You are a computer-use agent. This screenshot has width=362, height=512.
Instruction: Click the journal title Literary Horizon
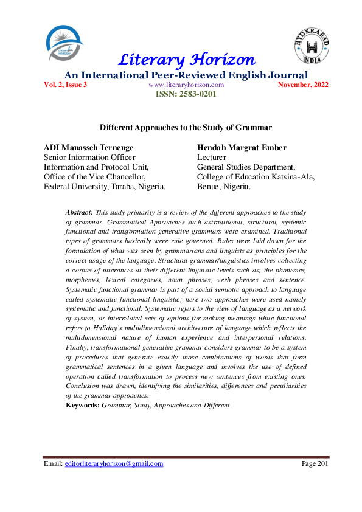point(186,60)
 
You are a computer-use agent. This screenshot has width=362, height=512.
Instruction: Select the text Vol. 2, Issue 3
point(66,85)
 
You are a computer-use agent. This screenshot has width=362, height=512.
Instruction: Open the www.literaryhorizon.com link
point(186,85)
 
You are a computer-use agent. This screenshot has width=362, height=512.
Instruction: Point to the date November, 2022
point(303,85)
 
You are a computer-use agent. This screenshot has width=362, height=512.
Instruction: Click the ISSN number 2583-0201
point(186,94)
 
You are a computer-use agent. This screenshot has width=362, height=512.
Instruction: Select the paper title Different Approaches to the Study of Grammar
point(186,128)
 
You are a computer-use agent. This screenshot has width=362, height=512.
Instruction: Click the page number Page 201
point(315,463)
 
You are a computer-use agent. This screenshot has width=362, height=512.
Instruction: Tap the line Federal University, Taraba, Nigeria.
point(105,187)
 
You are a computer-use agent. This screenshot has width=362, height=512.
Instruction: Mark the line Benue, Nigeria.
point(224,187)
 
